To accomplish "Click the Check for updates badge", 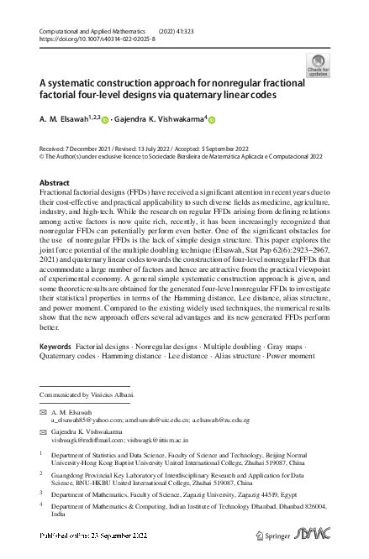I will tap(319, 64).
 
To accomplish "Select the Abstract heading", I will tap(55, 182).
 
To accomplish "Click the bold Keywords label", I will tap(55, 346).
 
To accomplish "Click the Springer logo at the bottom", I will tap(264, 545).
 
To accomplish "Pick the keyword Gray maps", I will tap(266, 346).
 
